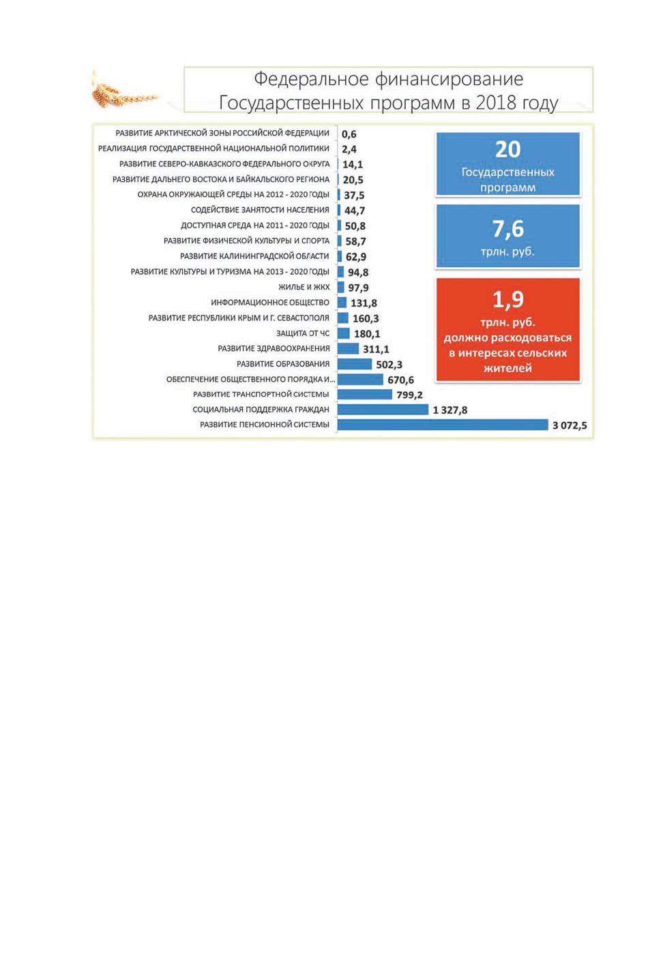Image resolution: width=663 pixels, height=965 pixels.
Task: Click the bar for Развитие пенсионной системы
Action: click(x=443, y=425)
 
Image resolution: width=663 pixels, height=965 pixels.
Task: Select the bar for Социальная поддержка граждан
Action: click(x=383, y=410)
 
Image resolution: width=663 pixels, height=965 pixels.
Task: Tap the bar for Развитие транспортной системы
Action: click(x=365, y=394)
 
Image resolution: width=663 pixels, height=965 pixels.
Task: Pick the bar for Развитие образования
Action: click(x=354, y=364)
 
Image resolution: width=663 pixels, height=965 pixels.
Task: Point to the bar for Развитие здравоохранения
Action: click(x=348, y=348)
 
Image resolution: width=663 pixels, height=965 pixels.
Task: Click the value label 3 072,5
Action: click(x=570, y=426)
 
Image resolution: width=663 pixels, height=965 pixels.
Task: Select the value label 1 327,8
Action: click(x=450, y=410)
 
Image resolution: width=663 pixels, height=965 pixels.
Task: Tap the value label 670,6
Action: click(x=400, y=380)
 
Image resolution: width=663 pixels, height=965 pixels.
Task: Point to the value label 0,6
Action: click(x=349, y=134)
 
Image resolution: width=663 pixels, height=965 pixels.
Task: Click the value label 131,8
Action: click(x=364, y=303)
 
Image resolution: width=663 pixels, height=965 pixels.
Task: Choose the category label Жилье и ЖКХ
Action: click(x=304, y=287)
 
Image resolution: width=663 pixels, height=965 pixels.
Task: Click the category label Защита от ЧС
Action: click(x=303, y=333)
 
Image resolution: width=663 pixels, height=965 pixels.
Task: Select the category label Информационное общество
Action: click(x=270, y=303)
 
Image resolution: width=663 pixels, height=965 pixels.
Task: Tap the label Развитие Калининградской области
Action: click(x=254, y=256)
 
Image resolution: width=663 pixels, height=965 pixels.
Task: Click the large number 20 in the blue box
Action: click(x=507, y=149)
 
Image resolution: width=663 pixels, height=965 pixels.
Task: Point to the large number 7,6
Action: click(x=507, y=228)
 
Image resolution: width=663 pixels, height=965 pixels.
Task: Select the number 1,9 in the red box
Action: click(x=507, y=299)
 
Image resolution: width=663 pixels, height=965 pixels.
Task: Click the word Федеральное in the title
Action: click(x=311, y=79)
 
